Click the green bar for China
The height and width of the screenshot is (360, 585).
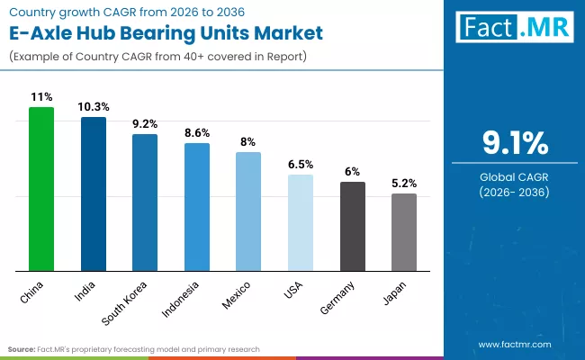[41, 189]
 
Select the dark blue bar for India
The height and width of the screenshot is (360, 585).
[94, 193]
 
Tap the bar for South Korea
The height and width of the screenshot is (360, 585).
[145, 202]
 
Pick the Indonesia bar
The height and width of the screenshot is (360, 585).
[197, 207]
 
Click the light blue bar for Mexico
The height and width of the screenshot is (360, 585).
[248, 211]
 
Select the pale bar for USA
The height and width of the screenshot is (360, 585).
[301, 222]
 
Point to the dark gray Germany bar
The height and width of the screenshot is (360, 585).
[353, 226]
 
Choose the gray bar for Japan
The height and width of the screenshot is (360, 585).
[404, 232]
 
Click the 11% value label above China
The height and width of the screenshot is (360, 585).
[41, 96]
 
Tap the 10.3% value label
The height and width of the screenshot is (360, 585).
[94, 106]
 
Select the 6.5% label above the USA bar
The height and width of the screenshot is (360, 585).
[301, 165]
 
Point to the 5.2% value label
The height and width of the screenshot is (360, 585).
[404, 183]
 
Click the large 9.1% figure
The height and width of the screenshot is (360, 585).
[513, 144]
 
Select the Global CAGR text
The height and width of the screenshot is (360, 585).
[513, 177]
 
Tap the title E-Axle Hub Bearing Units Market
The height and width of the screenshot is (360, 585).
[166, 34]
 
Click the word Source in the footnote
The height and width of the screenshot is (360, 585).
[22, 348]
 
